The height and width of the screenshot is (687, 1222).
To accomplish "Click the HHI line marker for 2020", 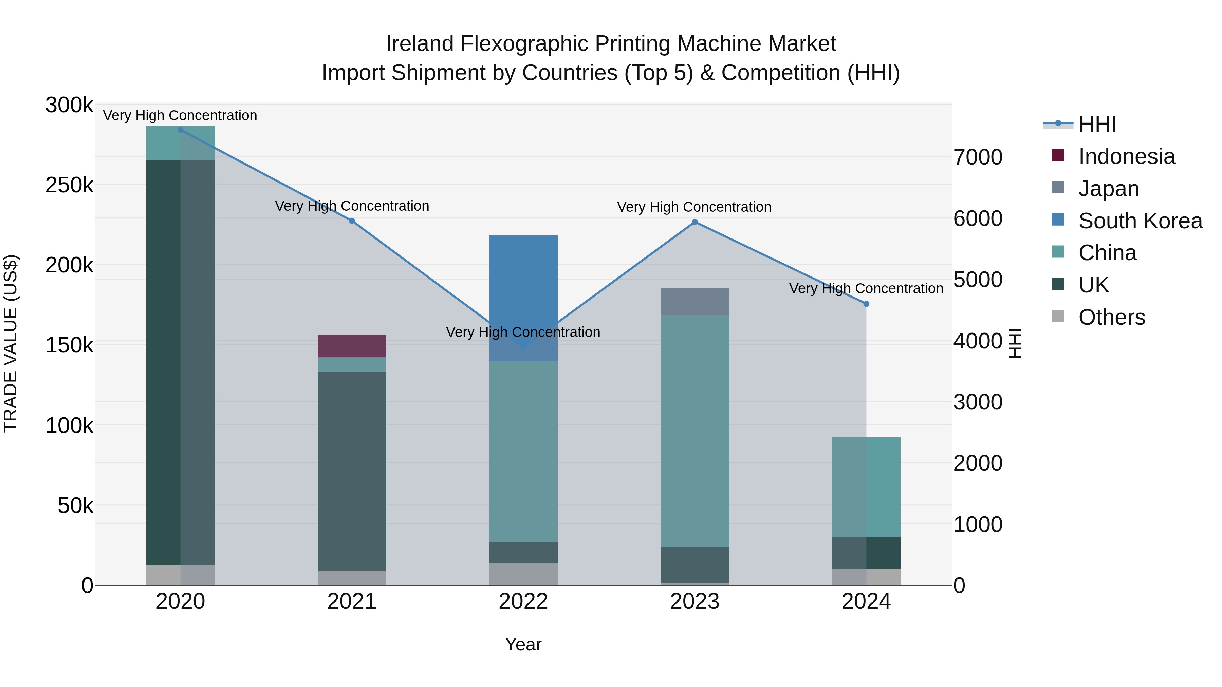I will coord(180,130).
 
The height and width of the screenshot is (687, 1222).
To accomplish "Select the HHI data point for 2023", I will coord(695,222).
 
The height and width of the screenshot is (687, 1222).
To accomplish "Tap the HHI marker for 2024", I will coord(866,304).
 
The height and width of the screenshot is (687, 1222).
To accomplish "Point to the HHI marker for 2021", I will coord(352,221).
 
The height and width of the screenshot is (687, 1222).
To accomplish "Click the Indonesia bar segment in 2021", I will coord(352,346).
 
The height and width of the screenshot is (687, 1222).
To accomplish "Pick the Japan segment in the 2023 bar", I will coord(695,302).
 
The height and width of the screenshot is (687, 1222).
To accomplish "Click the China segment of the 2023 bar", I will coord(695,432).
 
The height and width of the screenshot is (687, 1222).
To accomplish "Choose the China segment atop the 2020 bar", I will coord(180,143).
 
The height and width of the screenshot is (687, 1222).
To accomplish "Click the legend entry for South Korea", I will coord(1140,221).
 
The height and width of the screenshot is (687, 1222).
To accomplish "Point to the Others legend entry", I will coord(1111,317).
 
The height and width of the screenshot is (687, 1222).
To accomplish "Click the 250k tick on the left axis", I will coord(69,185).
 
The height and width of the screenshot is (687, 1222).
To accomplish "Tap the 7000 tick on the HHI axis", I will coord(978,157).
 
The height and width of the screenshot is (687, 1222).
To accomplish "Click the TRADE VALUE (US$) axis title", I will coord(11,343).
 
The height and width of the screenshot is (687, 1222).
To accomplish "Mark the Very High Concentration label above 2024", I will coord(866,288).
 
